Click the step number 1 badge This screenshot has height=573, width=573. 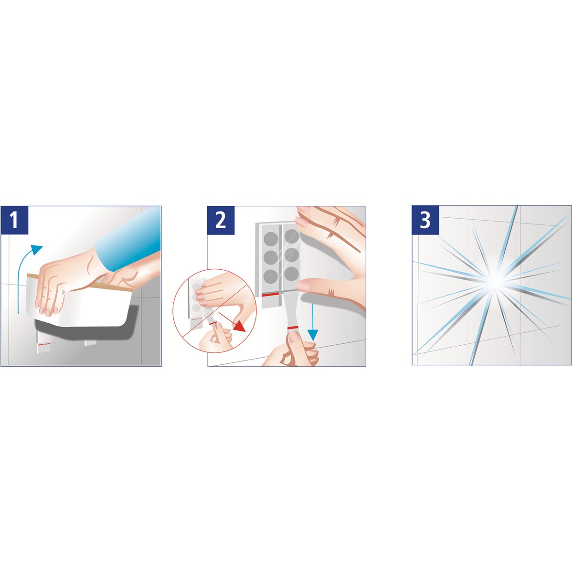point(14,220)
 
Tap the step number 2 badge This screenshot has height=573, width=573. point(221,220)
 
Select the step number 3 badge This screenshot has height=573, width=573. point(425,220)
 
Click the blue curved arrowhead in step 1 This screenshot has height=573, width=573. point(37,249)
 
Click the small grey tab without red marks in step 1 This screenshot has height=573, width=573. point(90,343)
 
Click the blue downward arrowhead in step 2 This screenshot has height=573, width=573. point(312,335)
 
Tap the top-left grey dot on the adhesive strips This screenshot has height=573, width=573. point(271,239)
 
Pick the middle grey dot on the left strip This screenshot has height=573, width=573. point(271,257)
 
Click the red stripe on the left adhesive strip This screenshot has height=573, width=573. point(270,295)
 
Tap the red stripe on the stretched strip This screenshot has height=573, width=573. point(293,328)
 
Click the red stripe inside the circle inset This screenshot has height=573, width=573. point(212,323)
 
